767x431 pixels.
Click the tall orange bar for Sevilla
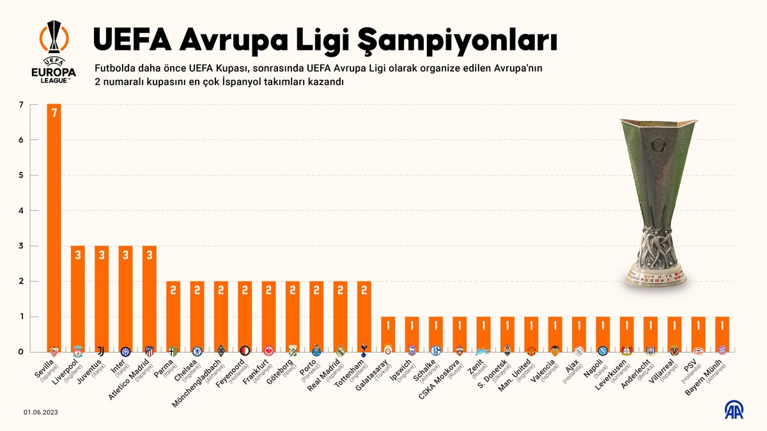[x=54, y=223]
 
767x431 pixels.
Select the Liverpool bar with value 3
[x=78, y=294]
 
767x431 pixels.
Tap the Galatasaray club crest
[x=387, y=351]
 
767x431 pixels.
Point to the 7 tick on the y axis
[x=21, y=105]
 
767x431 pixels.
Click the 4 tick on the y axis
[x=21, y=211]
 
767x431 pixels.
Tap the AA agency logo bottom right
[x=733, y=411]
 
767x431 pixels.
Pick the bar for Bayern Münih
[x=721, y=332]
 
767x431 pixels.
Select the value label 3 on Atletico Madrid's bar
[x=150, y=255]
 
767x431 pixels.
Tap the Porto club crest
[x=316, y=351]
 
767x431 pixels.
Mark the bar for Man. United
[x=531, y=332]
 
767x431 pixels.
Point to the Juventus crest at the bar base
[x=102, y=351]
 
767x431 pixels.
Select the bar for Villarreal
[x=674, y=332]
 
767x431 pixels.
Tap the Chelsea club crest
[x=197, y=351]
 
